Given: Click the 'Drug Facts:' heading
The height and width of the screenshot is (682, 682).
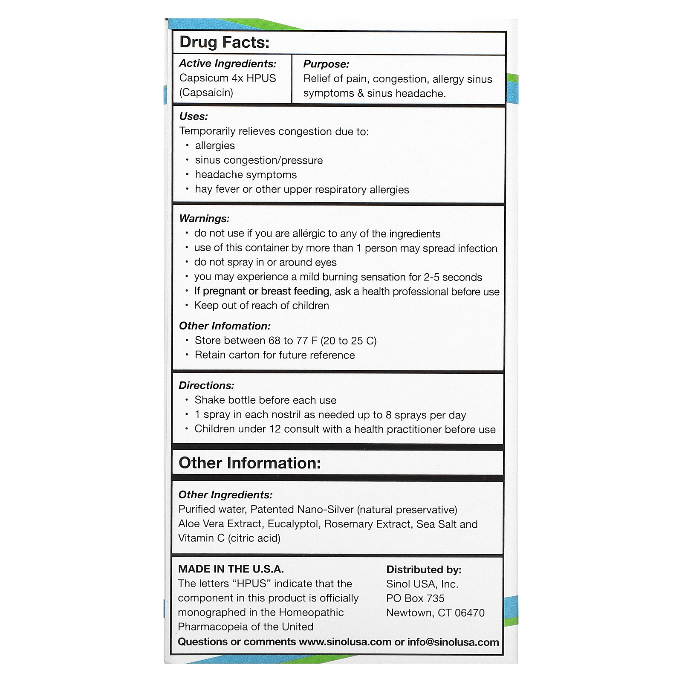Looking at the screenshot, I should coord(224,42).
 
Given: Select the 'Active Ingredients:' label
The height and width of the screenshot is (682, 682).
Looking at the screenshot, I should coord(228,64).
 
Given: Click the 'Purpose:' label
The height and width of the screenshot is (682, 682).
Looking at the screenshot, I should coord(326,64).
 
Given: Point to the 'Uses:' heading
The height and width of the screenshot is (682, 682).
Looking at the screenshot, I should coord(194,116).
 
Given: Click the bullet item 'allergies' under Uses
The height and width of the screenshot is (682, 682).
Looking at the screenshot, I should coord(215,146).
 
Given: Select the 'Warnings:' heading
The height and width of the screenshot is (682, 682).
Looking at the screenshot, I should coord(204,219).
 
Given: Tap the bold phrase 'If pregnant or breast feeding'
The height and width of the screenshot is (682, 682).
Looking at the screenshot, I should coord(262,291).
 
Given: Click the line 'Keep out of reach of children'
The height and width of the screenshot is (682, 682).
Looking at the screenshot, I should coord(261,306).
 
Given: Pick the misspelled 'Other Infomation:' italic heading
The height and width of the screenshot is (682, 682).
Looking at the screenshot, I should coord(225,326).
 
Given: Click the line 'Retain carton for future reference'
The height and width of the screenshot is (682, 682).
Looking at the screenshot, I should coord(275,355).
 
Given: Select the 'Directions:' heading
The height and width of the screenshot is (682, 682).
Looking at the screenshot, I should coord(206,385).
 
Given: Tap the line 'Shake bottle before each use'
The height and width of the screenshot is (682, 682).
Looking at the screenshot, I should coord(265,400).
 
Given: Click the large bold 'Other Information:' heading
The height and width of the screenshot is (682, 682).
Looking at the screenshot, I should coord(249,463).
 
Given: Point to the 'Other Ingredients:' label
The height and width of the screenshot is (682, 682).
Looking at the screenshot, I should coord(225,495).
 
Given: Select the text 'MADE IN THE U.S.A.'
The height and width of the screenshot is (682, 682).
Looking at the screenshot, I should coord(231,569).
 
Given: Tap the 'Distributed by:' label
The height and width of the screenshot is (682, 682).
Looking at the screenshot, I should coord(424,570).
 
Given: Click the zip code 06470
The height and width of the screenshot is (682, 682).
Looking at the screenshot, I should coord(470,613).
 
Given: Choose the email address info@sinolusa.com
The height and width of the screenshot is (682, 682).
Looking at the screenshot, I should coord(453,642).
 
